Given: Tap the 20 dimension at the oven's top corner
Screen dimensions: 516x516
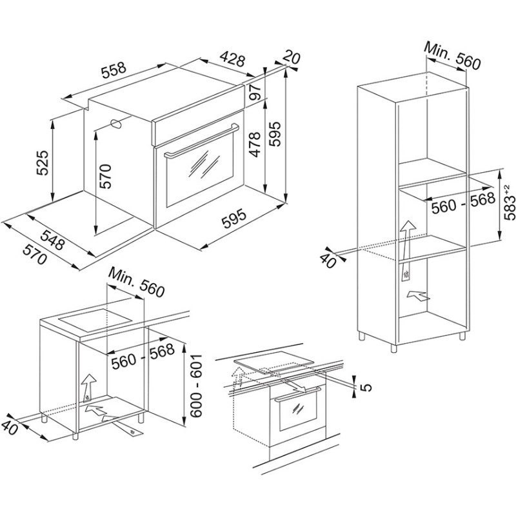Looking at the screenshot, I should (292, 58).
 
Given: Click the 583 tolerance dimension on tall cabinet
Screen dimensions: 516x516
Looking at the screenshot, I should (508, 204).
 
